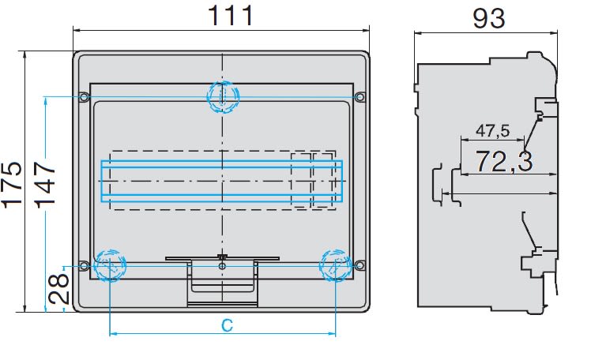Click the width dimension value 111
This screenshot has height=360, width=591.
(231, 15)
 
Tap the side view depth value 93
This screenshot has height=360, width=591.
(488, 17)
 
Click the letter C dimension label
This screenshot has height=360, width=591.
(226, 324)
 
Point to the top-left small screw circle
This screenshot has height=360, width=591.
(84, 97)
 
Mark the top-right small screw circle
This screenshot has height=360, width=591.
(360, 97)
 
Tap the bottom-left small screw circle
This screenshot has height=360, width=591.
(84, 264)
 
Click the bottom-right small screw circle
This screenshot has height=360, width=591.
(360, 264)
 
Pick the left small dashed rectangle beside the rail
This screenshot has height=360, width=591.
(301, 180)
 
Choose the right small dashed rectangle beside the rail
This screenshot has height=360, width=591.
(323, 180)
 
